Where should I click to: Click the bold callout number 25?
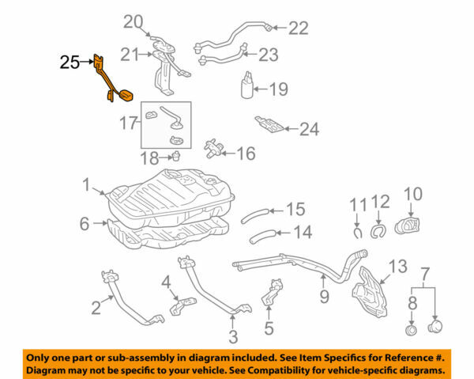tap(70, 61)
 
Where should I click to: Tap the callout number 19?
tap(278, 89)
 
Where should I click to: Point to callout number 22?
tap(297, 28)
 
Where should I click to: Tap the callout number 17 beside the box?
tap(128, 124)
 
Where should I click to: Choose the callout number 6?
tap(85, 224)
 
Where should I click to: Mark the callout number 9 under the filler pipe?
tap(323, 298)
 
